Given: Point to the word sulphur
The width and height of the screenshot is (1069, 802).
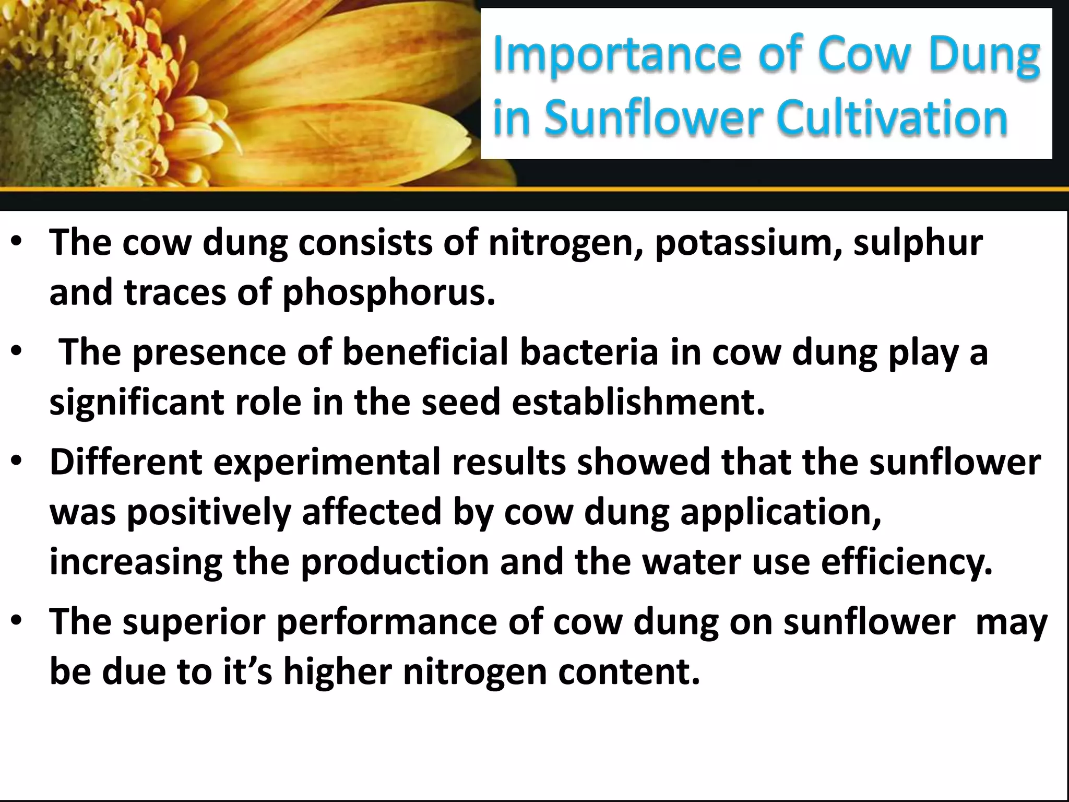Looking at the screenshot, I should click(918, 243).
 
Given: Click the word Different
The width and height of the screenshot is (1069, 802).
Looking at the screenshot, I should click(126, 463).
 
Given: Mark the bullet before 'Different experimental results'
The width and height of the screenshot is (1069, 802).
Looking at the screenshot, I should click(17, 462).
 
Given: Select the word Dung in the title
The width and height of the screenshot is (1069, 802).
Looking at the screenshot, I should click(984, 55).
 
